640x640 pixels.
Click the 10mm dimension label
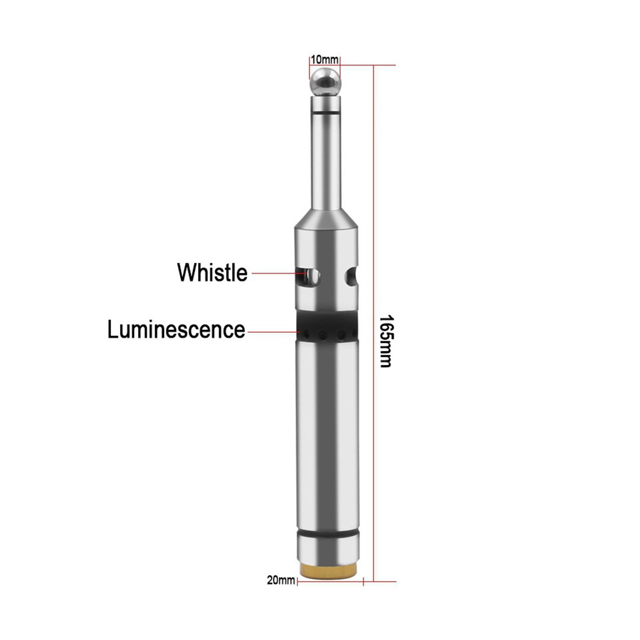click(x=324, y=60)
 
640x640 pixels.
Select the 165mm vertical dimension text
click(x=386, y=341)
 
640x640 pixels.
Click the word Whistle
click(x=212, y=273)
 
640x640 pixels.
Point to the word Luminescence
click(x=176, y=329)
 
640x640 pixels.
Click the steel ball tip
click(x=325, y=82)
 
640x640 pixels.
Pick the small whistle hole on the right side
click(x=351, y=276)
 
